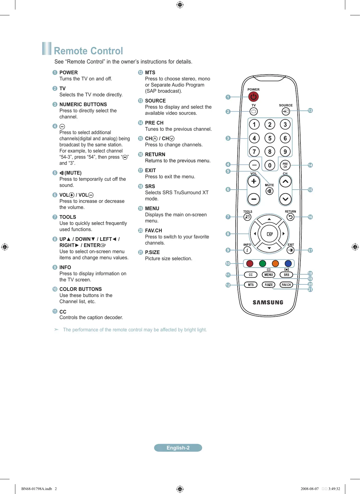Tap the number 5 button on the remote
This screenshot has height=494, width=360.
tap(270, 138)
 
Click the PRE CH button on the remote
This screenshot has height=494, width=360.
tap(285, 165)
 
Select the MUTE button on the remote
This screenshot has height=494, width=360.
tap(269, 191)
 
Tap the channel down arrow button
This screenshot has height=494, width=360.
tap(285, 199)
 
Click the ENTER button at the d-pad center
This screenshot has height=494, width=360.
tap(269, 234)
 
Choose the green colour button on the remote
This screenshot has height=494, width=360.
tap(262, 264)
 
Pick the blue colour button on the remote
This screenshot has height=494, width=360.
tap(288, 264)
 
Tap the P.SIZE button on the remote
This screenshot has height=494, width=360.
tap(269, 285)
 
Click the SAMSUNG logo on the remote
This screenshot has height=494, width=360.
tap(268, 303)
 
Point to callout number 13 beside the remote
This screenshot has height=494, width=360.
tap(310, 110)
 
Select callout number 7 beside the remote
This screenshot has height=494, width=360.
tap(228, 217)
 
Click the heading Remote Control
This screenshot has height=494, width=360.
tap(88, 51)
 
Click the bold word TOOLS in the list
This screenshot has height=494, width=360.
tap(68, 217)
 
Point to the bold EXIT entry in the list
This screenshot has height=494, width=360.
tap(150, 170)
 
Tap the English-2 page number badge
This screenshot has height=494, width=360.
tap(178, 448)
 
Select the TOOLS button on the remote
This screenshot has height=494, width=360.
tap(247, 217)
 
